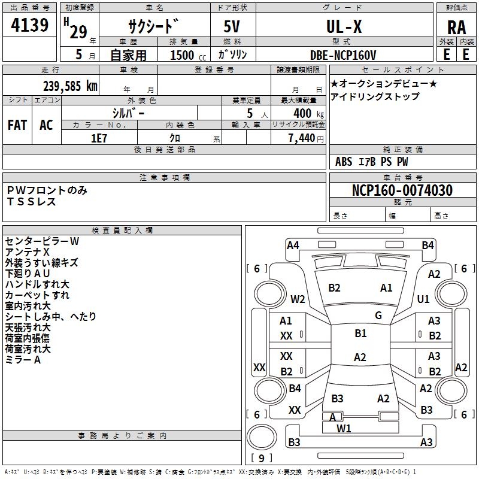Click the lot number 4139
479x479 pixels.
tap(30, 26)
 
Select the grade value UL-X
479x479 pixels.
tap(344, 26)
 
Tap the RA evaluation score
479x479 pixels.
tap(456, 28)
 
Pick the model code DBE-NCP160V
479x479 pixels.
tap(343, 55)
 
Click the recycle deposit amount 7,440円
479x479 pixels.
tap(305, 138)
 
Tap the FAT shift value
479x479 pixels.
tap(17, 125)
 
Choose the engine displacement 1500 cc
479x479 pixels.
tap(186, 55)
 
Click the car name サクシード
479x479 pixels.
tap(153, 27)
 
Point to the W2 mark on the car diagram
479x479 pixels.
tap(298, 299)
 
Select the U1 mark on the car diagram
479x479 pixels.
tap(423, 299)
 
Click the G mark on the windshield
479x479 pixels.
tap(378, 316)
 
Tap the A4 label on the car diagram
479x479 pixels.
tap(293, 245)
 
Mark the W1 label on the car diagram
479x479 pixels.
tap(344, 428)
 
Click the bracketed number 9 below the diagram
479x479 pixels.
tap(261, 458)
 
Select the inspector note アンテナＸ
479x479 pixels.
tap(28, 252)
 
